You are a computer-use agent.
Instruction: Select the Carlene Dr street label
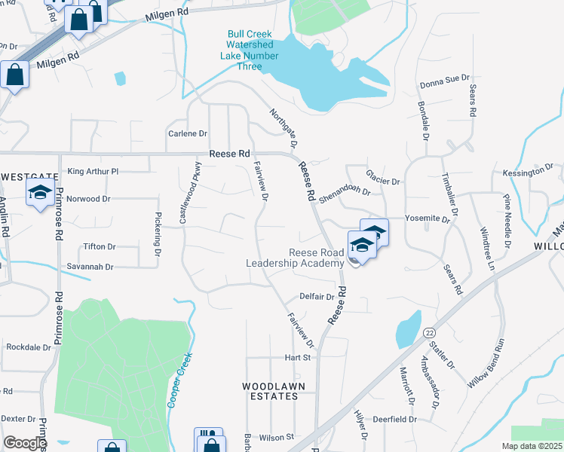click(x=187, y=133)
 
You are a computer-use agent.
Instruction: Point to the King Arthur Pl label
click(x=93, y=172)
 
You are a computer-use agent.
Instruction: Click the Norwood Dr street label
click(x=88, y=200)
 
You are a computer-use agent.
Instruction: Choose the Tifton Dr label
click(x=100, y=246)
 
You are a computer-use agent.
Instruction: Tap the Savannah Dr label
click(x=90, y=267)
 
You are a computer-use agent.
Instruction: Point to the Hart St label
click(x=297, y=357)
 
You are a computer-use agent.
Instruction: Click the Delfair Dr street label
click(x=317, y=297)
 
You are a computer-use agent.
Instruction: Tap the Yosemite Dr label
click(x=427, y=219)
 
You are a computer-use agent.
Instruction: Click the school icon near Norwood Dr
click(x=39, y=192)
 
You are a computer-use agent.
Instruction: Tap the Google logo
click(x=24, y=443)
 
